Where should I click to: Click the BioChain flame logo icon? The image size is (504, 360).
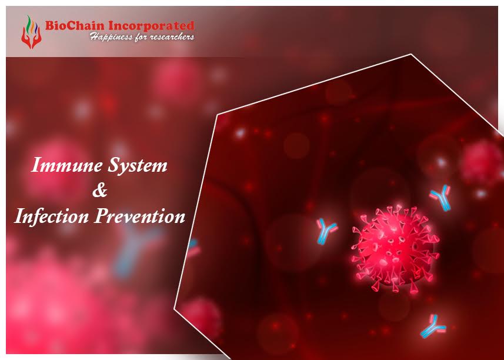point(28,32)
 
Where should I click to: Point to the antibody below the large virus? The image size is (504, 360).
point(433,326)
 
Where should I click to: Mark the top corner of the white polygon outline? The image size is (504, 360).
point(410,54)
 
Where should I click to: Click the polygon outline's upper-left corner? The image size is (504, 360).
point(217,114)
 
